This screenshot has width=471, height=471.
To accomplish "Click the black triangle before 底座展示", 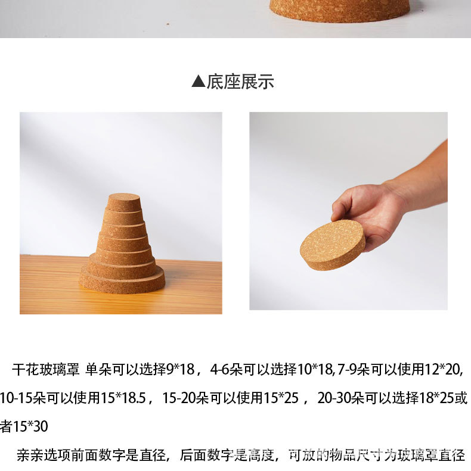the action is pyautogui.click(x=198, y=82).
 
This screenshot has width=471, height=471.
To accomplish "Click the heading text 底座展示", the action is pyautogui.click(x=240, y=82).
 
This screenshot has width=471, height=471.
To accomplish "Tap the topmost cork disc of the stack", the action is pyautogui.click(x=123, y=202).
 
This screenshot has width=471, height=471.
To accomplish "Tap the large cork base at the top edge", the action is pyautogui.click(x=340, y=10).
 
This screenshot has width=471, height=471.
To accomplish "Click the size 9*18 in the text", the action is pyautogui.click(x=180, y=369).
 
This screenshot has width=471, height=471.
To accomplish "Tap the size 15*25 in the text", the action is pyautogui.click(x=281, y=398).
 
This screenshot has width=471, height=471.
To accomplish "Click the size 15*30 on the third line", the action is pyautogui.click(x=30, y=426).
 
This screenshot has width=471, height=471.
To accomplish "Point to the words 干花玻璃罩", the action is pyautogui.click(x=45, y=369).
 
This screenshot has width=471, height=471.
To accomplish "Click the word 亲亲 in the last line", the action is pyautogui.click(x=30, y=455).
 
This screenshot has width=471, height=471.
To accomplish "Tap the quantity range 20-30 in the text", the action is pyautogui.click(x=334, y=398).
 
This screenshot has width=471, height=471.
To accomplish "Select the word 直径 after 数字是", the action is pyautogui.click(x=152, y=455).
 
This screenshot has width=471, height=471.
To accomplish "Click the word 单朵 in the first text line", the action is pyautogui.click(x=98, y=369).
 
